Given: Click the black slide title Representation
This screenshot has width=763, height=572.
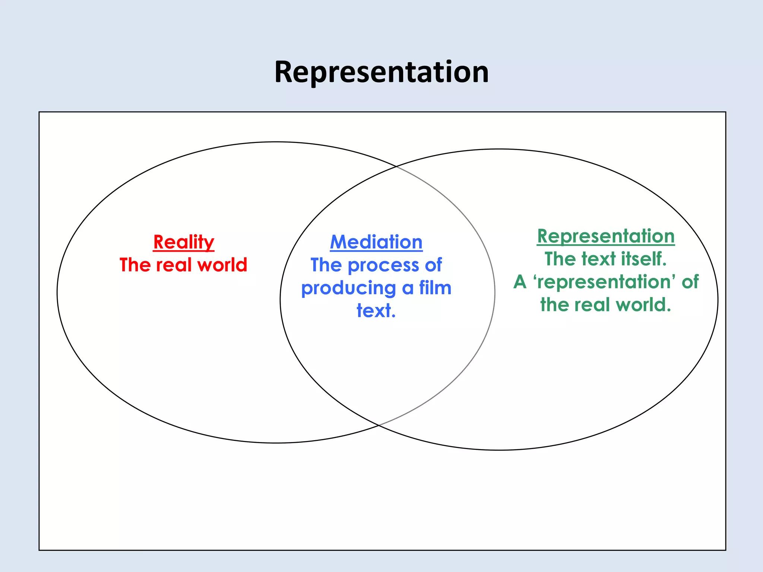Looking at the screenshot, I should coord(381,72).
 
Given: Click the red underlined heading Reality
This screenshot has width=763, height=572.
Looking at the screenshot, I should coord(184,242).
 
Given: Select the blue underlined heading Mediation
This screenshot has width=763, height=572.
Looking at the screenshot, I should coord(376,242).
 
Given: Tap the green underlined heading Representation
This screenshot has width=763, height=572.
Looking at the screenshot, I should coord(606,236).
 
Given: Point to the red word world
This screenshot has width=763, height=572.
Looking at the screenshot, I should coord(222,265).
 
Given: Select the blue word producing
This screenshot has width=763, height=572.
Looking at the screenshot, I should coord(348,289).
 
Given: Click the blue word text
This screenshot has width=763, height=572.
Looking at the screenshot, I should coord(376,311).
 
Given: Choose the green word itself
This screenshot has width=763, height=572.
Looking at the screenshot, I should coord(643,259).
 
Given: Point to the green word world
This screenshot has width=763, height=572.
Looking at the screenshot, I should coord(643,305).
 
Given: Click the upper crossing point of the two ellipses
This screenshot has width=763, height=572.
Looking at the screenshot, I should coord(396,166).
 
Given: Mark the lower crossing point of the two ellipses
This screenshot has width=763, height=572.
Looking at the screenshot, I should coord(379,425).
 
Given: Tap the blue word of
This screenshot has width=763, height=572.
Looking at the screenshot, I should coord(433,265).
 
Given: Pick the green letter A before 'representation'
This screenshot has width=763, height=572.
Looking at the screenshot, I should coord(520,282).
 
